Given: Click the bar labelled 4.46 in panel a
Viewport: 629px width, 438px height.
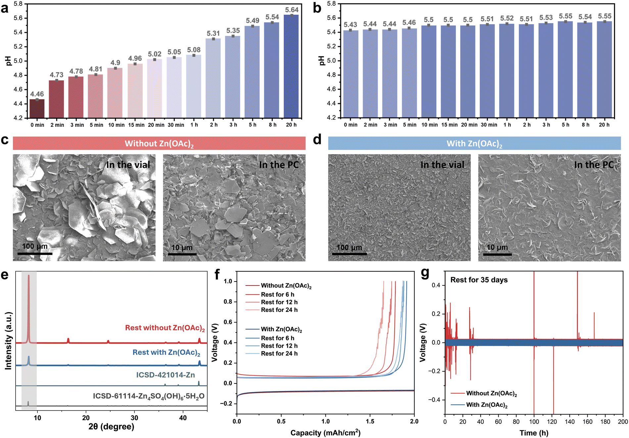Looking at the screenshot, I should point(37,109).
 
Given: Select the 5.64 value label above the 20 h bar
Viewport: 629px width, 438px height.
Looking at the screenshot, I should point(292,10).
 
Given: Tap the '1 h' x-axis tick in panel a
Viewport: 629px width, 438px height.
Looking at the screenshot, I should point(194,125).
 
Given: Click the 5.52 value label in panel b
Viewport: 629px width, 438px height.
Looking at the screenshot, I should point(507,18).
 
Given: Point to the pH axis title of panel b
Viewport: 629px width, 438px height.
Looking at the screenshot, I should point(321,61).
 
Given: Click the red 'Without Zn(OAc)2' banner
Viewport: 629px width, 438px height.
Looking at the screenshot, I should point(159,144).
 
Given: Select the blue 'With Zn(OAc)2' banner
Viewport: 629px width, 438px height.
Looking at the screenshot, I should point(474,144).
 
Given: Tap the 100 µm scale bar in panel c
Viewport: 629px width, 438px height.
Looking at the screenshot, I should point(35,253).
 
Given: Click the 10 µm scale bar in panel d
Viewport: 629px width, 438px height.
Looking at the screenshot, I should point(497,254).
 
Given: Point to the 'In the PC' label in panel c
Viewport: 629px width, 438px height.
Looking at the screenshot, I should point(279,165).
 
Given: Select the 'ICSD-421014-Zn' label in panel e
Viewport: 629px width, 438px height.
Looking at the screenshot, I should point(166,375).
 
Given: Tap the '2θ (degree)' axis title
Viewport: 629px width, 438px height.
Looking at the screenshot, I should point(111,426).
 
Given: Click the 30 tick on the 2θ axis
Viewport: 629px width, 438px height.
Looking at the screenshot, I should point(134,418).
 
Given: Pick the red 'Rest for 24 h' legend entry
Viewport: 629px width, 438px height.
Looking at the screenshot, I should point(279,310).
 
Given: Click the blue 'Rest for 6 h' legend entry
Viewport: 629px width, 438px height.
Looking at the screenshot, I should point(277,338).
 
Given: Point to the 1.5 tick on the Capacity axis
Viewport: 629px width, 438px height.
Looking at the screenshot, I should point(370,421).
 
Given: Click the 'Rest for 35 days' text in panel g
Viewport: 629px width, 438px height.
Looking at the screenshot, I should point(479,280).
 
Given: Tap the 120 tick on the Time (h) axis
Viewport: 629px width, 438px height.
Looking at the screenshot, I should point(552,422).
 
